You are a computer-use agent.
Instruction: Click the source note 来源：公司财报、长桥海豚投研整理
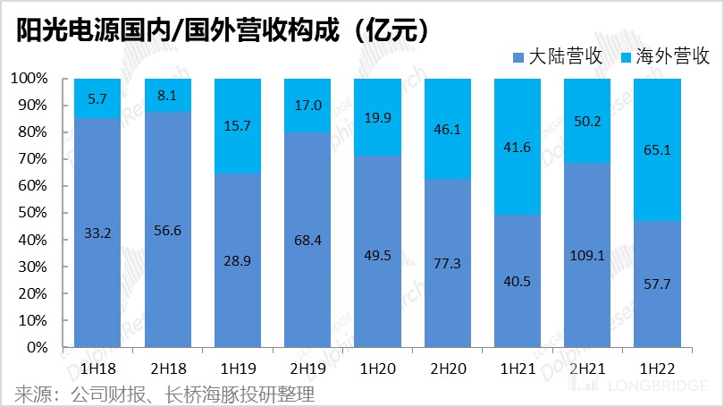pos(165,394)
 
